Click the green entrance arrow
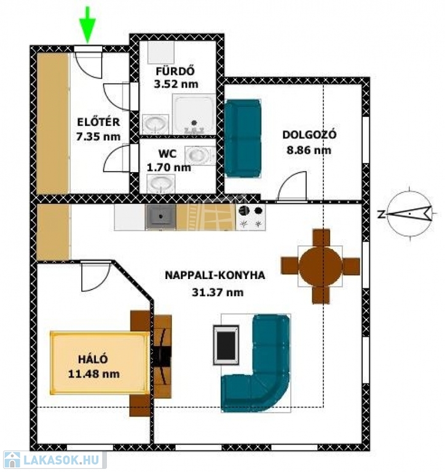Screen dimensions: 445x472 click(88, 26)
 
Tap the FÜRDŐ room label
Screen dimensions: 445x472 click(175, 71)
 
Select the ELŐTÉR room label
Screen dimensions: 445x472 click(98, 122)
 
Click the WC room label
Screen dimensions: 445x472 click(167, 154)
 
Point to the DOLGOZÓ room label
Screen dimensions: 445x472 click(309, 135)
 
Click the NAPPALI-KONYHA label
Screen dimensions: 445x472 click(215, 275)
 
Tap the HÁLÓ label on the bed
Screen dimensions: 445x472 click(93, 359)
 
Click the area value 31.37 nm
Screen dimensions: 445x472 click(218, 293)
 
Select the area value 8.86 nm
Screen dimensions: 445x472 click(309, 150)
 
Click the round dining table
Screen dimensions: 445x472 click(320, 266)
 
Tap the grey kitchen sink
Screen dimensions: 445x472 click(160, 217)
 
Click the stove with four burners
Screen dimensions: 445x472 click(251, 217)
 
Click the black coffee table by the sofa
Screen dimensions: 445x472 click(226, 345)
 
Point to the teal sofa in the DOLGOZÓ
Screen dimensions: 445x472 click(243, 138)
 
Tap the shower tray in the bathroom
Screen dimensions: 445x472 click(194, 114)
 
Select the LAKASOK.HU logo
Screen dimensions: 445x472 click(53, 460)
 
